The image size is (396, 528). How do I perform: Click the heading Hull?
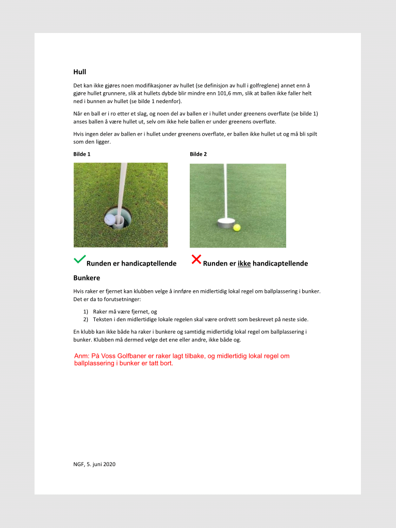pyautogui.click(x=79, y=72)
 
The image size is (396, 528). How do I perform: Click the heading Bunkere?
pyautogui.click(x=86, y=278)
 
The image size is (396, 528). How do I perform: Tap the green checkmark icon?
pyautogui.click(x=79, y=259)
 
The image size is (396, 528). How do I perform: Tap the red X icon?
pyautogui.click(x=196, y=259)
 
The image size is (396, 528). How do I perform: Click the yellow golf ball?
pyautogui.click(x=237, y=227)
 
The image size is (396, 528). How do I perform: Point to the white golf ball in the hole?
pyautogui.click(x=109, y=219)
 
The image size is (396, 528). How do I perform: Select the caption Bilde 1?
pyautogui.click(x=82, y=154)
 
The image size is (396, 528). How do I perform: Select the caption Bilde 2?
pyautogui.click(x=198, y=154)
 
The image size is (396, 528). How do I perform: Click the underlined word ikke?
pyautogui.click(x=244, y=263)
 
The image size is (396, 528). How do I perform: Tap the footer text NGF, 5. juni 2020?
pyautogui.click(x=94, y=464)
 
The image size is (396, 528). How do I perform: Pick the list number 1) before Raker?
pyautogui.click(x=86, y=311)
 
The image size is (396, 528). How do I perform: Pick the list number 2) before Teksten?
pyautogui.click(x=86, y=319)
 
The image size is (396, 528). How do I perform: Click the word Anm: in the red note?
pyautogui.click(x=82, y=356)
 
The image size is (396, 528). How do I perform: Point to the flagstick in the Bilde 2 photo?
pyautogui.click(x=225, y=191)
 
